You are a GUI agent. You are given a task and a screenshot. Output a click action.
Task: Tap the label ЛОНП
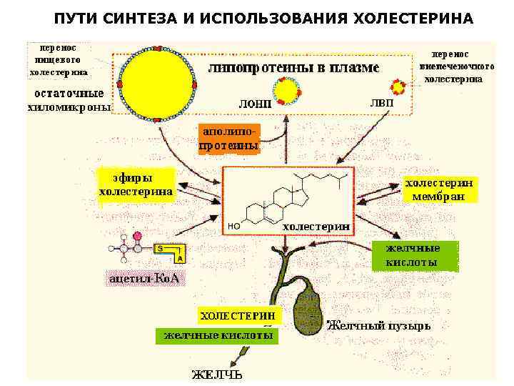(255, 104)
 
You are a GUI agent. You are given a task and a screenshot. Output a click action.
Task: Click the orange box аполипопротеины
(228, 139)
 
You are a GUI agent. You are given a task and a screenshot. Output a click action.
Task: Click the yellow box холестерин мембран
(439, 189)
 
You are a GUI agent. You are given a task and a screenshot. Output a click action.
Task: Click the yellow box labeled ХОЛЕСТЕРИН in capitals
(238, 315)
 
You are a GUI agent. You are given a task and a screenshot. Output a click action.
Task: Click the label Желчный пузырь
(378, 326)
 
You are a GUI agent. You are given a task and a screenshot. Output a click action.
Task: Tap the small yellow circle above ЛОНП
(289, 89)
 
